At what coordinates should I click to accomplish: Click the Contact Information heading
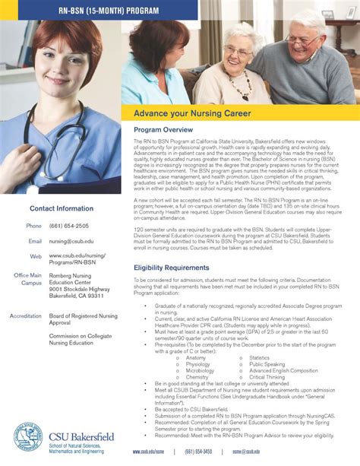click(x=62, y=208)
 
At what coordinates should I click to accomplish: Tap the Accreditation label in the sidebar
click(x=25, y=315)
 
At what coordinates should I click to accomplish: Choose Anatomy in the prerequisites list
click(x=195, y=357)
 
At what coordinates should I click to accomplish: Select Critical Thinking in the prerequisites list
click(x=267, y=376)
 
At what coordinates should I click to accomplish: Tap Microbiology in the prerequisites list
click(x=200, y=370)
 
